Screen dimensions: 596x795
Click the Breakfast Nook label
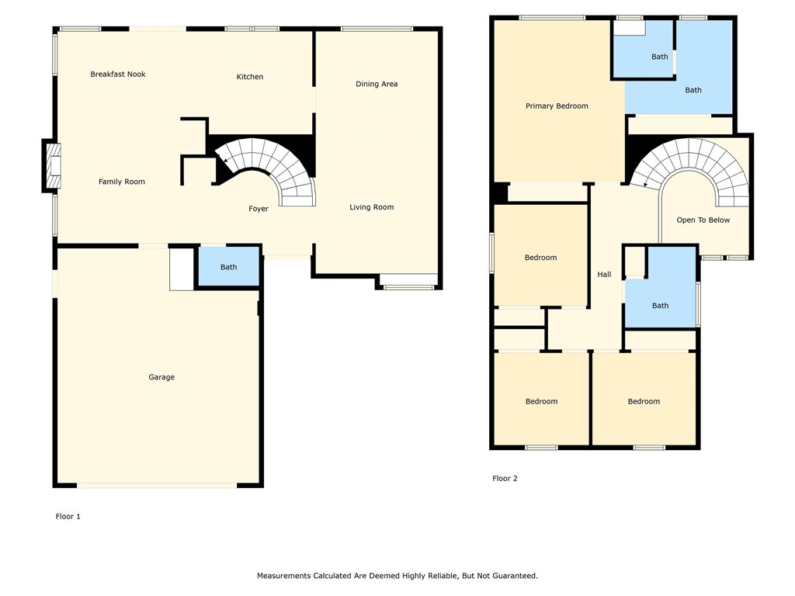pyautogui.click(x=118, y=74)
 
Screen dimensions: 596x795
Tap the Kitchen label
pyautogui.click(x=250, y=77)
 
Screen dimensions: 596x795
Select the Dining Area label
pyautogui.click(x=377, y=84)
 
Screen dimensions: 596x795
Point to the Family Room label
pyautogui.click(x=122, y=182)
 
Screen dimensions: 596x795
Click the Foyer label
pyautogui.click(x=259, y=209)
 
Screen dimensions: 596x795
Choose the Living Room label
pyautogui.click(x=371, y=207)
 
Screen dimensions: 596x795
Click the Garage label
pyautogui.click(x=161, y=377)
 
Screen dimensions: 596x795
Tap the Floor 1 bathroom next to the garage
pyautogui.click(x=228, y=267)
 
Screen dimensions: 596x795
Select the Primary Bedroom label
pyautogui.click(x=557, y=106)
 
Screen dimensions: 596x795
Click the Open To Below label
pyautogui.click(x=703, y=220)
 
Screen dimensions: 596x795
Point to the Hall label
pyautogui.click(x=604, y=275)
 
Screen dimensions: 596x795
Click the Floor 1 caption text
pyautogui.click(x=68, y=516)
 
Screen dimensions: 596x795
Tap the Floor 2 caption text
pyautogui.click(x=505, y=479)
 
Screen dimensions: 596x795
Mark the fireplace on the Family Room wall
pyautogui.click(x=51, y=166)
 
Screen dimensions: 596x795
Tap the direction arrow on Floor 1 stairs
pyautogui.click(x=224, y=160)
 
